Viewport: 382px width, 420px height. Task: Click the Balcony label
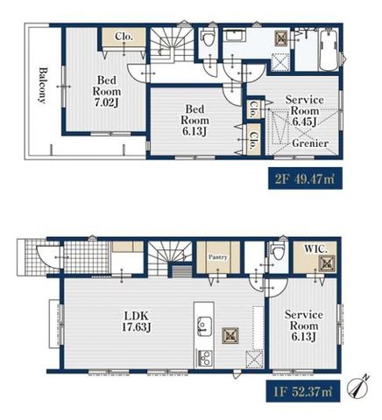point(43,86)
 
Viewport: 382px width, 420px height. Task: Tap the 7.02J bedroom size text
point(107,102)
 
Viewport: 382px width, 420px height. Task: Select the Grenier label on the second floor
point(310,143)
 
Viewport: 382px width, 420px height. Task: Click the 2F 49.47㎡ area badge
point(305,178)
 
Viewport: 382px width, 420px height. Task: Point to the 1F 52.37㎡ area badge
point(303,391)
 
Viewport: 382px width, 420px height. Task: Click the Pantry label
point(218,257)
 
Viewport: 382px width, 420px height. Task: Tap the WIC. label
point(315,248)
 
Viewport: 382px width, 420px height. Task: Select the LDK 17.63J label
point(137,321)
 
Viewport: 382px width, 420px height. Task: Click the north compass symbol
point(357,386)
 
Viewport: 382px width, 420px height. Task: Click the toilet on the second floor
point(208,36)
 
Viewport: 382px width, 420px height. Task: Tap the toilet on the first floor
point(277,250)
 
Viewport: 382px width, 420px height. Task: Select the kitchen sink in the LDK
point(204,325)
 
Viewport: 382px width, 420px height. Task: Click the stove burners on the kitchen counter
point(204,358)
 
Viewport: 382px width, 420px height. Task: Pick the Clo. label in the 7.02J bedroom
point(124,37)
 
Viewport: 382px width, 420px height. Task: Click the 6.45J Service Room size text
point(304,122)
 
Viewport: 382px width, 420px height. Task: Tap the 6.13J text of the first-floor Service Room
point(303,337)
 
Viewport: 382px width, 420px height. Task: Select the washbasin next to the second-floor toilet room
point(235,36)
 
